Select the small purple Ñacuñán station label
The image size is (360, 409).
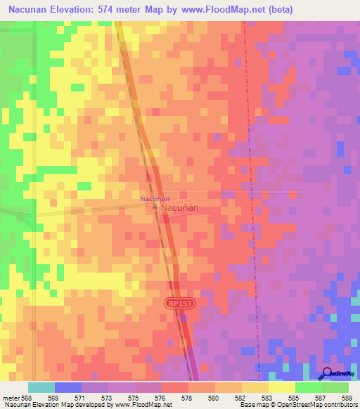coord(154,199)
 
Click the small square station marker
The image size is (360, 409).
coord(155,207)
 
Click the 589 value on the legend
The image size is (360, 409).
coord(346,398)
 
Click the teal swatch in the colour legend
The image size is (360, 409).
coord(41,387)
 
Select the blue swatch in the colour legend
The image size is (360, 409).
coord(67,387)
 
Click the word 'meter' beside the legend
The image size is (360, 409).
coord(9,398)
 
